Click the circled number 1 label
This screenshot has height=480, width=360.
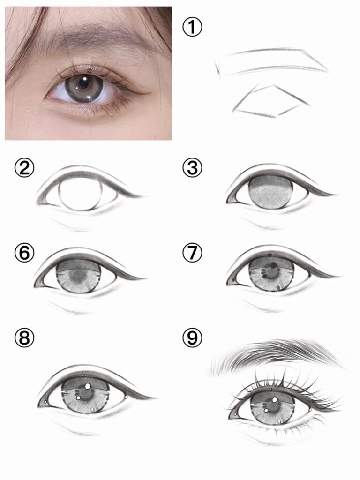tap(192, 27)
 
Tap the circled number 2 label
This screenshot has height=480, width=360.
tap(24, 168)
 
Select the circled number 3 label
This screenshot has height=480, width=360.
tap(192, 168)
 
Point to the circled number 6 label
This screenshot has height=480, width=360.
tap(24, 254)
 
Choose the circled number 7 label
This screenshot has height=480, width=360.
tap(192, 254)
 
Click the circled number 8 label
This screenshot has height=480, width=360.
tap(24, 338)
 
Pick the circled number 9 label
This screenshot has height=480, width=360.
tap(192, 338)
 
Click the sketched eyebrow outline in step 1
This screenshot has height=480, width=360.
tap(271, 62)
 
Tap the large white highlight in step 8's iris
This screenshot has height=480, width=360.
tap(88, 386)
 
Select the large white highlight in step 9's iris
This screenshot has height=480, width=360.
tap(275, 399)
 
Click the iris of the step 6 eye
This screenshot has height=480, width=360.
tap(79, 276)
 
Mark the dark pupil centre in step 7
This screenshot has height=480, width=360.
tap(271, 271)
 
